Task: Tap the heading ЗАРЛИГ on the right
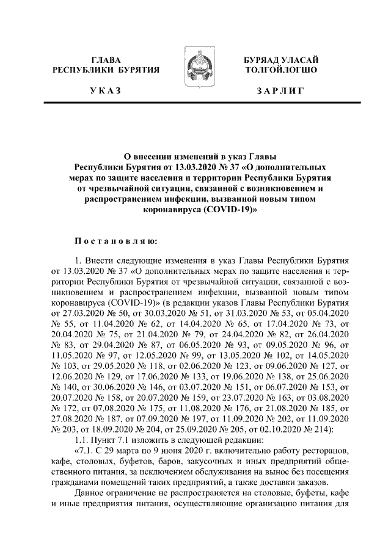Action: point(281,91)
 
